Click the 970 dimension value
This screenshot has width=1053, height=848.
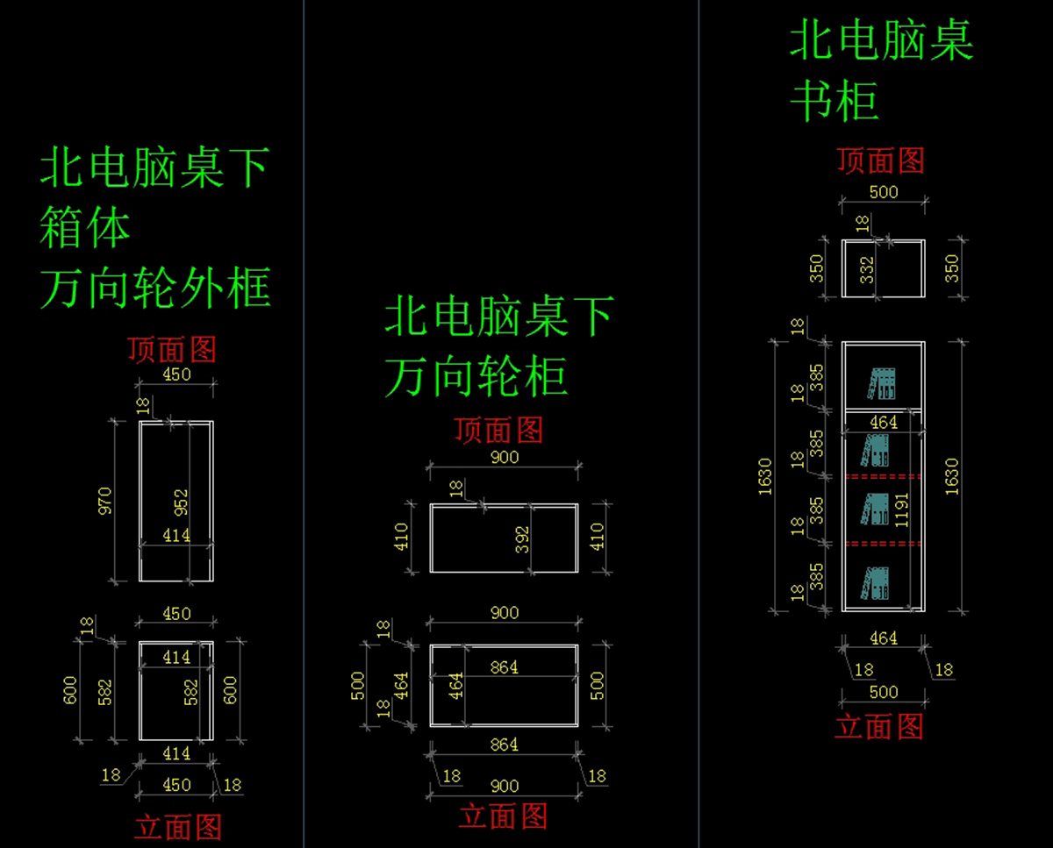(105, 502)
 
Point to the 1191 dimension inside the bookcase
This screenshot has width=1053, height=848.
(901, 508)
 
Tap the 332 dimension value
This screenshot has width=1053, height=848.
(867, 269)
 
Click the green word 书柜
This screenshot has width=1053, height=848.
(834, 102)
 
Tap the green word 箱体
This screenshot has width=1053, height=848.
(85, 228)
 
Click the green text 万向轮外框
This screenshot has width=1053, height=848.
(155, 288)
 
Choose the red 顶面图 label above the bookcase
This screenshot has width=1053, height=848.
(880, 160)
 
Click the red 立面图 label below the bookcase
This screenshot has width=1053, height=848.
(878, 727)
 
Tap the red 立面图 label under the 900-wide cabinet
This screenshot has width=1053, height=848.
(503, 816)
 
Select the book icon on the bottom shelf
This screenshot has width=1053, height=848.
(875, 584)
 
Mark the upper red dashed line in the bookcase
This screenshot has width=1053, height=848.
(883, 476)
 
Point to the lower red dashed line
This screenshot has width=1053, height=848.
(883, 544)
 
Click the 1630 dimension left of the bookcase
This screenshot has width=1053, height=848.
(764, 476)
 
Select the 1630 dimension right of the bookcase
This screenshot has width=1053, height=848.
(951, 474)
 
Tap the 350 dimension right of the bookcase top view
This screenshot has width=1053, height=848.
(951, 268)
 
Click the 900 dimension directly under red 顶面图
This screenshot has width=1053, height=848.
(505, 457)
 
